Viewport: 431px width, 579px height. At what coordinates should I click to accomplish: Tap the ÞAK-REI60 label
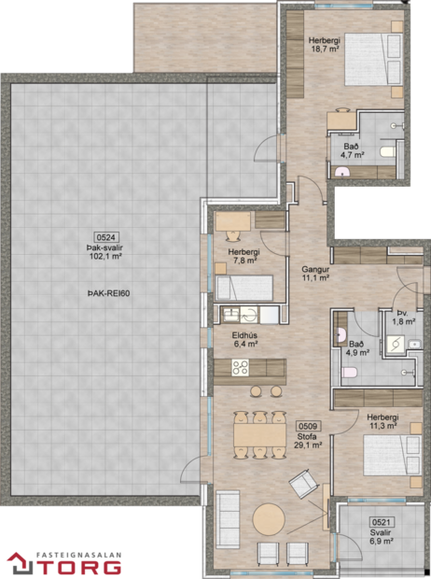(105, 291)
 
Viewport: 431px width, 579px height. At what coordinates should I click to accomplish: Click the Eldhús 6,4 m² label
(245, 339)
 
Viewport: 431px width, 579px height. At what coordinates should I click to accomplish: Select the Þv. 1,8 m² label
(403, 318)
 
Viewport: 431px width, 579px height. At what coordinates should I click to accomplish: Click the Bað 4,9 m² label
(358, 347)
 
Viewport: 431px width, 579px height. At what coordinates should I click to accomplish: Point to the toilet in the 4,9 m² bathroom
(349, 374)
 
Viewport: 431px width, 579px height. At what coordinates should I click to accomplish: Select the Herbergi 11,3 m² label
(382, 422)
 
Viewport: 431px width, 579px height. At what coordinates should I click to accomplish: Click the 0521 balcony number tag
(380, 523)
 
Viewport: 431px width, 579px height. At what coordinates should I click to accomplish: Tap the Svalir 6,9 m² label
(380, 537)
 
